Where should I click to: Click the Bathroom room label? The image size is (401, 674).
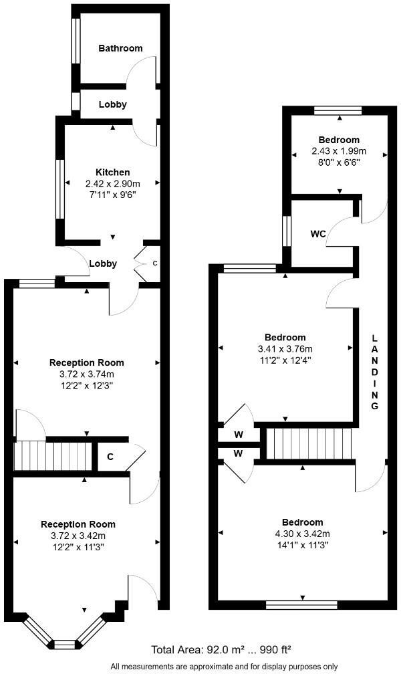pos(120,48)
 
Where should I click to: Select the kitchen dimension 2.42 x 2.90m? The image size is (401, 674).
pos(112,184)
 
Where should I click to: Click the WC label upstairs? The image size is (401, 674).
pos(317,235)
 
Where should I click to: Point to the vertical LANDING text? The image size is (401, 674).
pos(376,372)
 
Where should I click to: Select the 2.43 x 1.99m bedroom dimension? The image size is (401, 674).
pos(339,151)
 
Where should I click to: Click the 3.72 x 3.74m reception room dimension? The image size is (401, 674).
pos(87,374)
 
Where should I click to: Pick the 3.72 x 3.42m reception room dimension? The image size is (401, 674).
pos(78,536)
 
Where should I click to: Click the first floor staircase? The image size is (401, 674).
pos(308,443)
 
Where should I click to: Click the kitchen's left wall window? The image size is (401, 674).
pos(59,189)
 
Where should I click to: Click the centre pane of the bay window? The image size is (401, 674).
pos(63,644)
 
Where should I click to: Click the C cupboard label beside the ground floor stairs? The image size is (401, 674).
pos(109,457)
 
